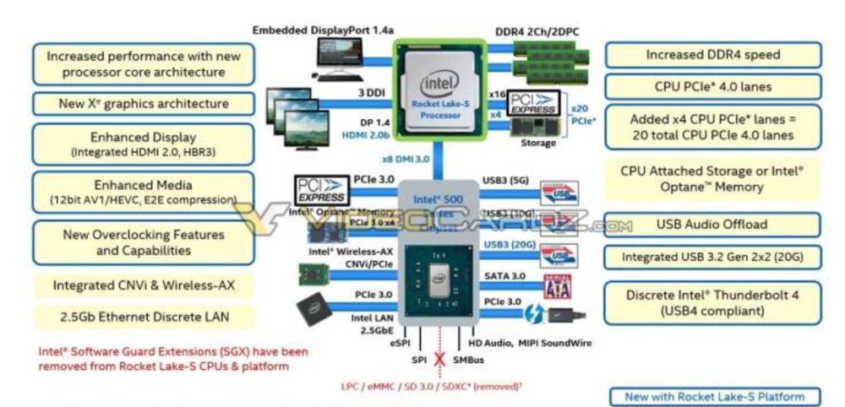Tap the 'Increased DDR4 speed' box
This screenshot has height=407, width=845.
coord(712,55)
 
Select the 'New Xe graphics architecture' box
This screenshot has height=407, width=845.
coord(143,104)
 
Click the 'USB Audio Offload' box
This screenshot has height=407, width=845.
coord(711,225)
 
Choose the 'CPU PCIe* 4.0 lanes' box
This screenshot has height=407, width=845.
coord(712,86)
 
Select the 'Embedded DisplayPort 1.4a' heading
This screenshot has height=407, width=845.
coord(324,31)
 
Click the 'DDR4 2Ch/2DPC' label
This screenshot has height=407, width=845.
coord(536,31)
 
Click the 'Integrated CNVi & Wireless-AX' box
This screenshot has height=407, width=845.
coord(143,286)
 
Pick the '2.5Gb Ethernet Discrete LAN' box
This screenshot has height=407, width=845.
coord(143,317)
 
